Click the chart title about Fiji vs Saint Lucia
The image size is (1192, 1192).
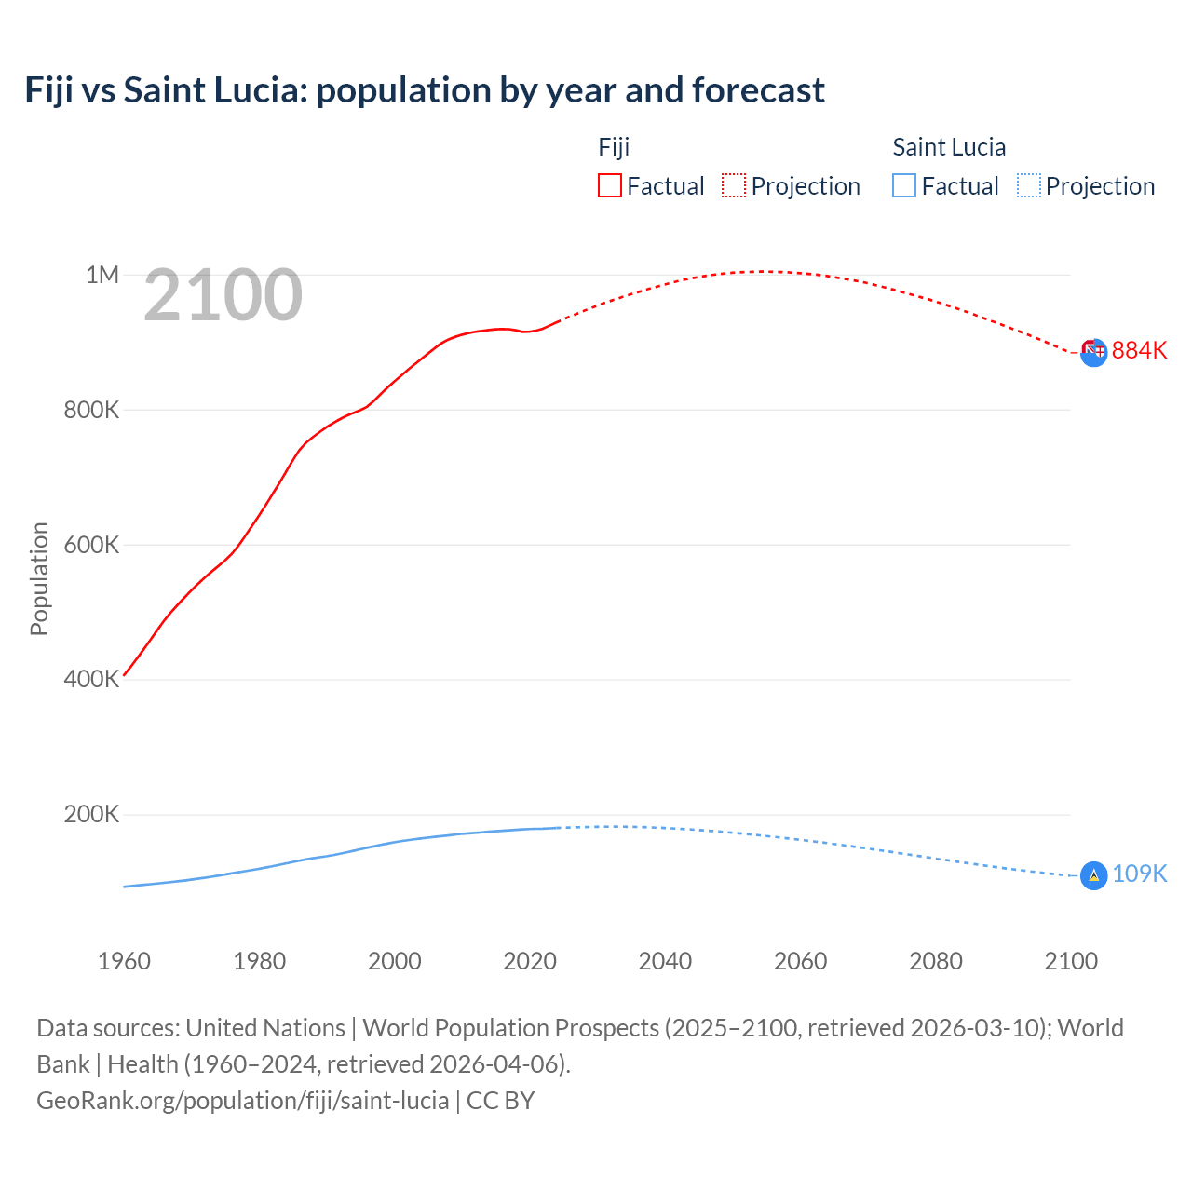425,90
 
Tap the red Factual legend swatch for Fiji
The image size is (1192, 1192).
609,186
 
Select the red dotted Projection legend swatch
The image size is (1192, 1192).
734,186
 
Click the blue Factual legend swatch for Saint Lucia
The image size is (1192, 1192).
904,186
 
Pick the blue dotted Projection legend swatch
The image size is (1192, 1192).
1028,186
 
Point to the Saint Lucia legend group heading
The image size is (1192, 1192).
949,147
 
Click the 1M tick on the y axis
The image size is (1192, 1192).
102,275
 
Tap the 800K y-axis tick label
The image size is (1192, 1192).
91,410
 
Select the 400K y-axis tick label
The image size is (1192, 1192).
91,680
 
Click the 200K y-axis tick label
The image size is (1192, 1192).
91,815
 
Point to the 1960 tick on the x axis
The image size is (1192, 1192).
124,961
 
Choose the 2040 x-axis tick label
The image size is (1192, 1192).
665,961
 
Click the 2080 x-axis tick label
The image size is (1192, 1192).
936,961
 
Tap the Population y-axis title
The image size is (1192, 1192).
39,578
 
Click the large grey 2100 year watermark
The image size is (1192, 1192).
223,295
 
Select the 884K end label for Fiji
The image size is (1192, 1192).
1139,351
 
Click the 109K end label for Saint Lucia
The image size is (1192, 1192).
1139,874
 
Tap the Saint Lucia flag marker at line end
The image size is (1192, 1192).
1093,875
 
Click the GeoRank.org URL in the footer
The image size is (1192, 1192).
242,1101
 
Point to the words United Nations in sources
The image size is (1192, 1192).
265,1028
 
